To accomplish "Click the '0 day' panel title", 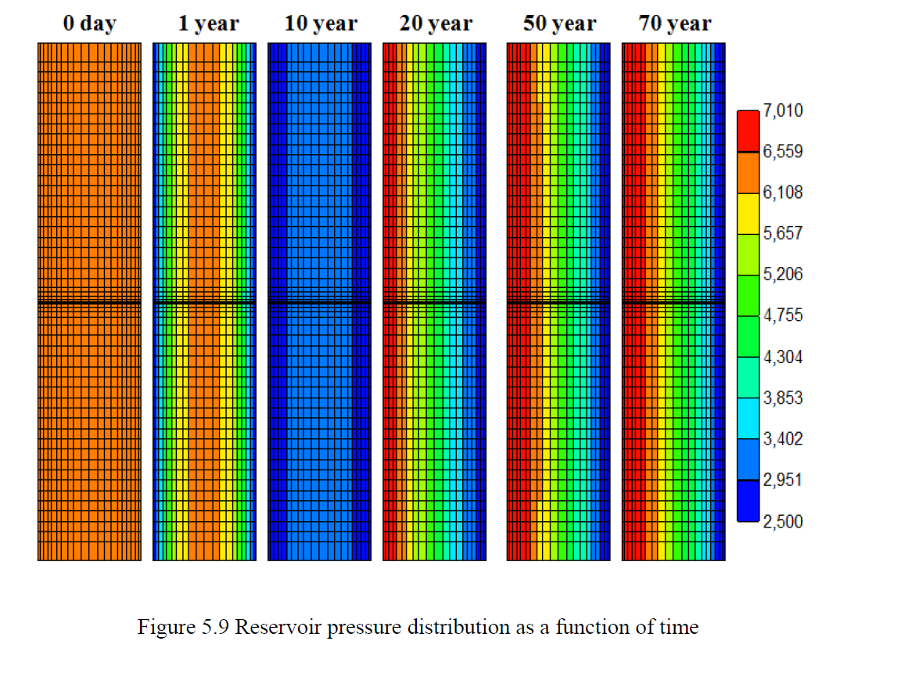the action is tap(90, 23).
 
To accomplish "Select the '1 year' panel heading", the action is tap(209, 23).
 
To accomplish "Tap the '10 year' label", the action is tap(321, 23).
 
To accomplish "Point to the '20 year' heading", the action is tap(436, 23).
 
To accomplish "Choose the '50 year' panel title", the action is tap(560, 23).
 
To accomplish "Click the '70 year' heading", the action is tap(675, 23).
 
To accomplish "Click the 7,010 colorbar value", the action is tap(783, 110).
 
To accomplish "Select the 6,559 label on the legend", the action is tap(783, 151).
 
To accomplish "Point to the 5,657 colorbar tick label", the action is tap(783, 233).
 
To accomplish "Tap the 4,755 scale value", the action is tap(783, 315).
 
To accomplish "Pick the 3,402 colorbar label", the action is tap(783, 439).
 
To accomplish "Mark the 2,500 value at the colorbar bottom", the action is tap(783, 521).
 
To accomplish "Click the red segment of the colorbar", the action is tap(748, 131).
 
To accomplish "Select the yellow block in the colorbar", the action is tap(748, 214).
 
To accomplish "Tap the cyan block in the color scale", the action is tap(748, 419).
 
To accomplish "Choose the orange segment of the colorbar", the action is tap(748, 172).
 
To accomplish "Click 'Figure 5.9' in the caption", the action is tap(183, 626).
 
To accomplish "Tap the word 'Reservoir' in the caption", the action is tap(278, 626).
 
